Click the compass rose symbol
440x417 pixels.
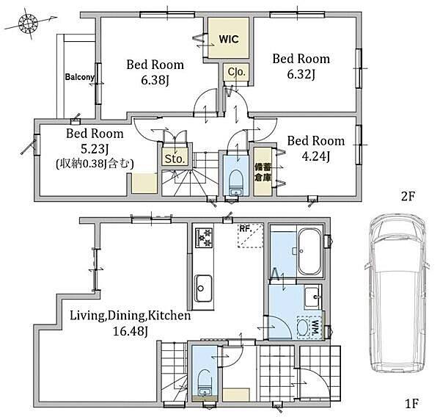click(28, 23)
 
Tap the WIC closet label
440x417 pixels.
click(229, 39)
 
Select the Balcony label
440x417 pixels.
click(80, 76)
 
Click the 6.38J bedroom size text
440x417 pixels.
click(155, 81)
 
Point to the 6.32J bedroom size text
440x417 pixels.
click(301, 74)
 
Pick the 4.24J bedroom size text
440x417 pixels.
click(315, 156)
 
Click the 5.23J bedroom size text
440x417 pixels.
click(95, 149)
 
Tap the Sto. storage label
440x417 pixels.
click(175, 159)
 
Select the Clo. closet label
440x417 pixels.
click(237, 72)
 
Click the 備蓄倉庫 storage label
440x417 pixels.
click(263, 173)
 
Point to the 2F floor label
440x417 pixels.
click(408, 196)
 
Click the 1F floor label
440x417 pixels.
click(412, 404)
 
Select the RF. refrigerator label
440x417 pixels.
click(245, 229)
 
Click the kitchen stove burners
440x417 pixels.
click(204, 238)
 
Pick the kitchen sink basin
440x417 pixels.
click(203, 288)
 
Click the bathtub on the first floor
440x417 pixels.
click(309, 252)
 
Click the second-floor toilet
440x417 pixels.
click(235, 182)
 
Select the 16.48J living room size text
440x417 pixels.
click(131, 331)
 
